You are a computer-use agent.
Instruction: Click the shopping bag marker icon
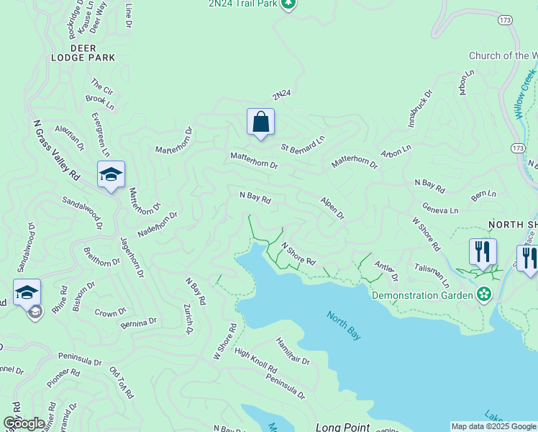260,122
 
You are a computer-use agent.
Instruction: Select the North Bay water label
343,325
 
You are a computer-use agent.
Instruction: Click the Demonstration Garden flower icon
484,294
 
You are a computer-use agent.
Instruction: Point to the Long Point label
342,427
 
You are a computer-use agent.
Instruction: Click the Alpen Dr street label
332,208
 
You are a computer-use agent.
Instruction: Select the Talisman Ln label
432,275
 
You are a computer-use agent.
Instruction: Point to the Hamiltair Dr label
292,351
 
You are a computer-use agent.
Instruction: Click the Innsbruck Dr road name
421,108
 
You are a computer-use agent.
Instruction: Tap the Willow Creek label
525,94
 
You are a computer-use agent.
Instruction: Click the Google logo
24,423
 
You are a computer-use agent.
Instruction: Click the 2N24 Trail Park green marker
288,4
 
